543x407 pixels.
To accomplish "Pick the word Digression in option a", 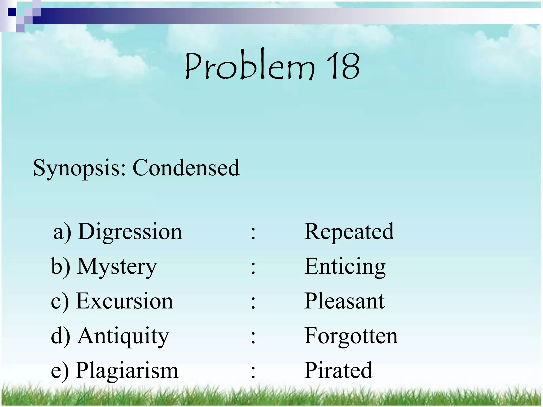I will coord(130,232).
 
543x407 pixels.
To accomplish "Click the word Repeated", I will coord(349,232).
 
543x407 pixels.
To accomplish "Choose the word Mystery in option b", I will coord(117,267).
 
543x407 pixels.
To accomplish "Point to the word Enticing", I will coord(345,267).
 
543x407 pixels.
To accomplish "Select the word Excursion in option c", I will coord(124,301).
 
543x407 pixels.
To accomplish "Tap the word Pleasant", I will coord(344,301).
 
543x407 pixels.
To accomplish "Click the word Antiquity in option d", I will coord(123,336).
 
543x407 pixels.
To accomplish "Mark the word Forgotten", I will coord(351,336).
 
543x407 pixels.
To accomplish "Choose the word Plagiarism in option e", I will coord(127,370).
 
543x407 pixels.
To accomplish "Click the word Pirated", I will coord(338,370).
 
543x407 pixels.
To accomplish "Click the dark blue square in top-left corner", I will coord(12,12).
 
